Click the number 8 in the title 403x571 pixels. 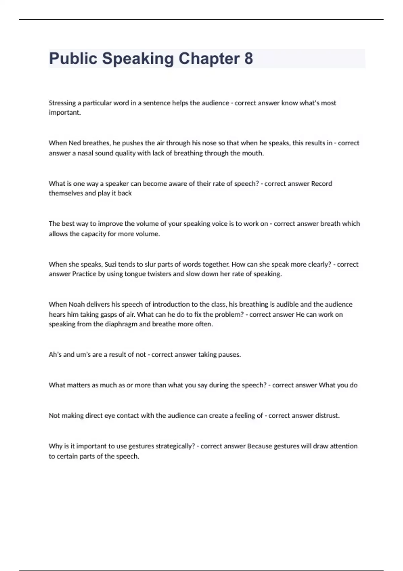point(249,58)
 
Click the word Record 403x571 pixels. point(321,183)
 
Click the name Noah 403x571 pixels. point(77,304)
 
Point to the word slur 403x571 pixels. point(150,264)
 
